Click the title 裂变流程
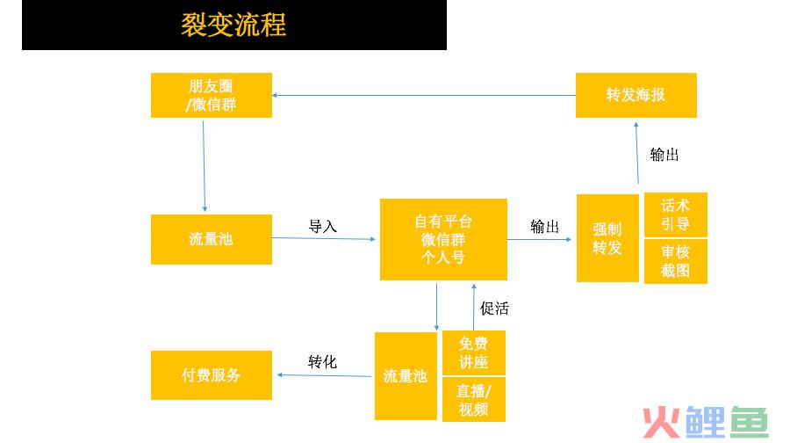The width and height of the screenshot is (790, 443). coord(233,25)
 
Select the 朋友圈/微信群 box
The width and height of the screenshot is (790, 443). coord(212,95)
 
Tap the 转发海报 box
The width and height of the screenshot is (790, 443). coord(636,95)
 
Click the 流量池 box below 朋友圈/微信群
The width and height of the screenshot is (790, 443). coord(212,239)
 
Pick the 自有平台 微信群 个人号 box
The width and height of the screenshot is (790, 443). coord(443,239)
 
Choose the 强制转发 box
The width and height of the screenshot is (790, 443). coord(607,238)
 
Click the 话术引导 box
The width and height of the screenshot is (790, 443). coord(676,214)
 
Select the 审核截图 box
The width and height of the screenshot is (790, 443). coord(676,261)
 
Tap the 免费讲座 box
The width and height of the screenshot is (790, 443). coord(474,352)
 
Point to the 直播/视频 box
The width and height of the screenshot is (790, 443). coord(474,399)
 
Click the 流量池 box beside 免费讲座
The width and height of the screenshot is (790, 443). coord(406,376)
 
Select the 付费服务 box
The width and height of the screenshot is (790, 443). coord(212,375)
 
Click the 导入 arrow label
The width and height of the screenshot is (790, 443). coord(322,227)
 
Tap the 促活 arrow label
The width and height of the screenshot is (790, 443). coord(494,309)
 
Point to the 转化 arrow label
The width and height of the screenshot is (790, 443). coord(322,362)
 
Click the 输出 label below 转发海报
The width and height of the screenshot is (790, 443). coord(664,155)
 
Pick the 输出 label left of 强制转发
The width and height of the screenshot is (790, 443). coord(544,227)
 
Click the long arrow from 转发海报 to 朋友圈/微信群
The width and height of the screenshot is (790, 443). coord(424,95)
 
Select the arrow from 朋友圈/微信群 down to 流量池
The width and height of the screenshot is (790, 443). coord(204,166)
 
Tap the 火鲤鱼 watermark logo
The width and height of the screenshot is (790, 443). coord(706,422)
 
